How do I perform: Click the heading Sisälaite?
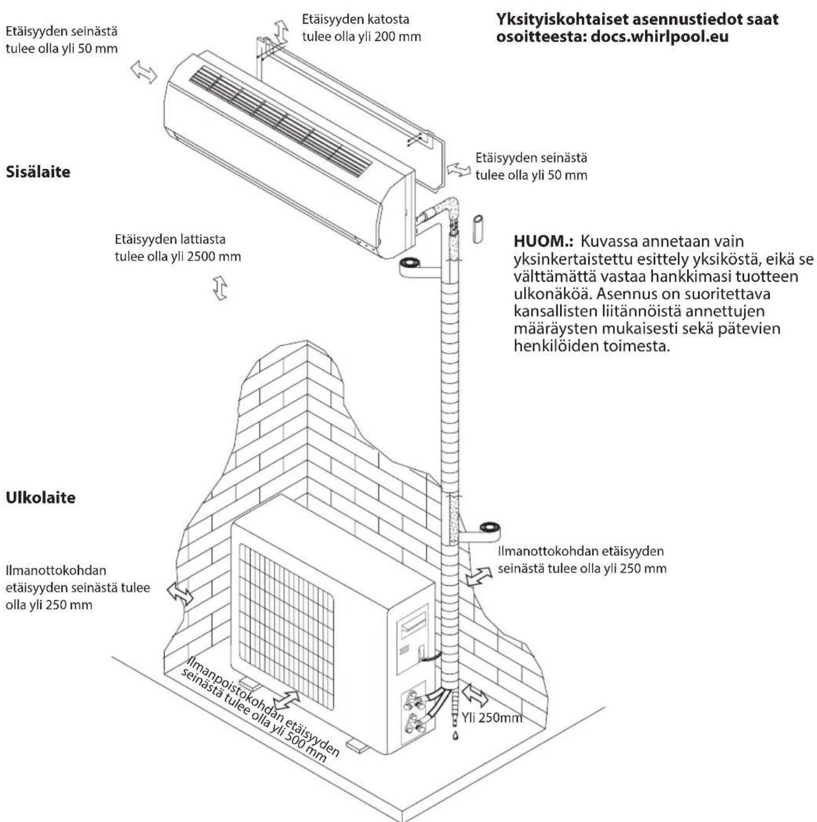[x=38, y=172]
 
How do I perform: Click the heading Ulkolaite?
[x=40, y=498]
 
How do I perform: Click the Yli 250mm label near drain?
[x=491, y=717]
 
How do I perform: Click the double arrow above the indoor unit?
[x=281, y=30]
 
